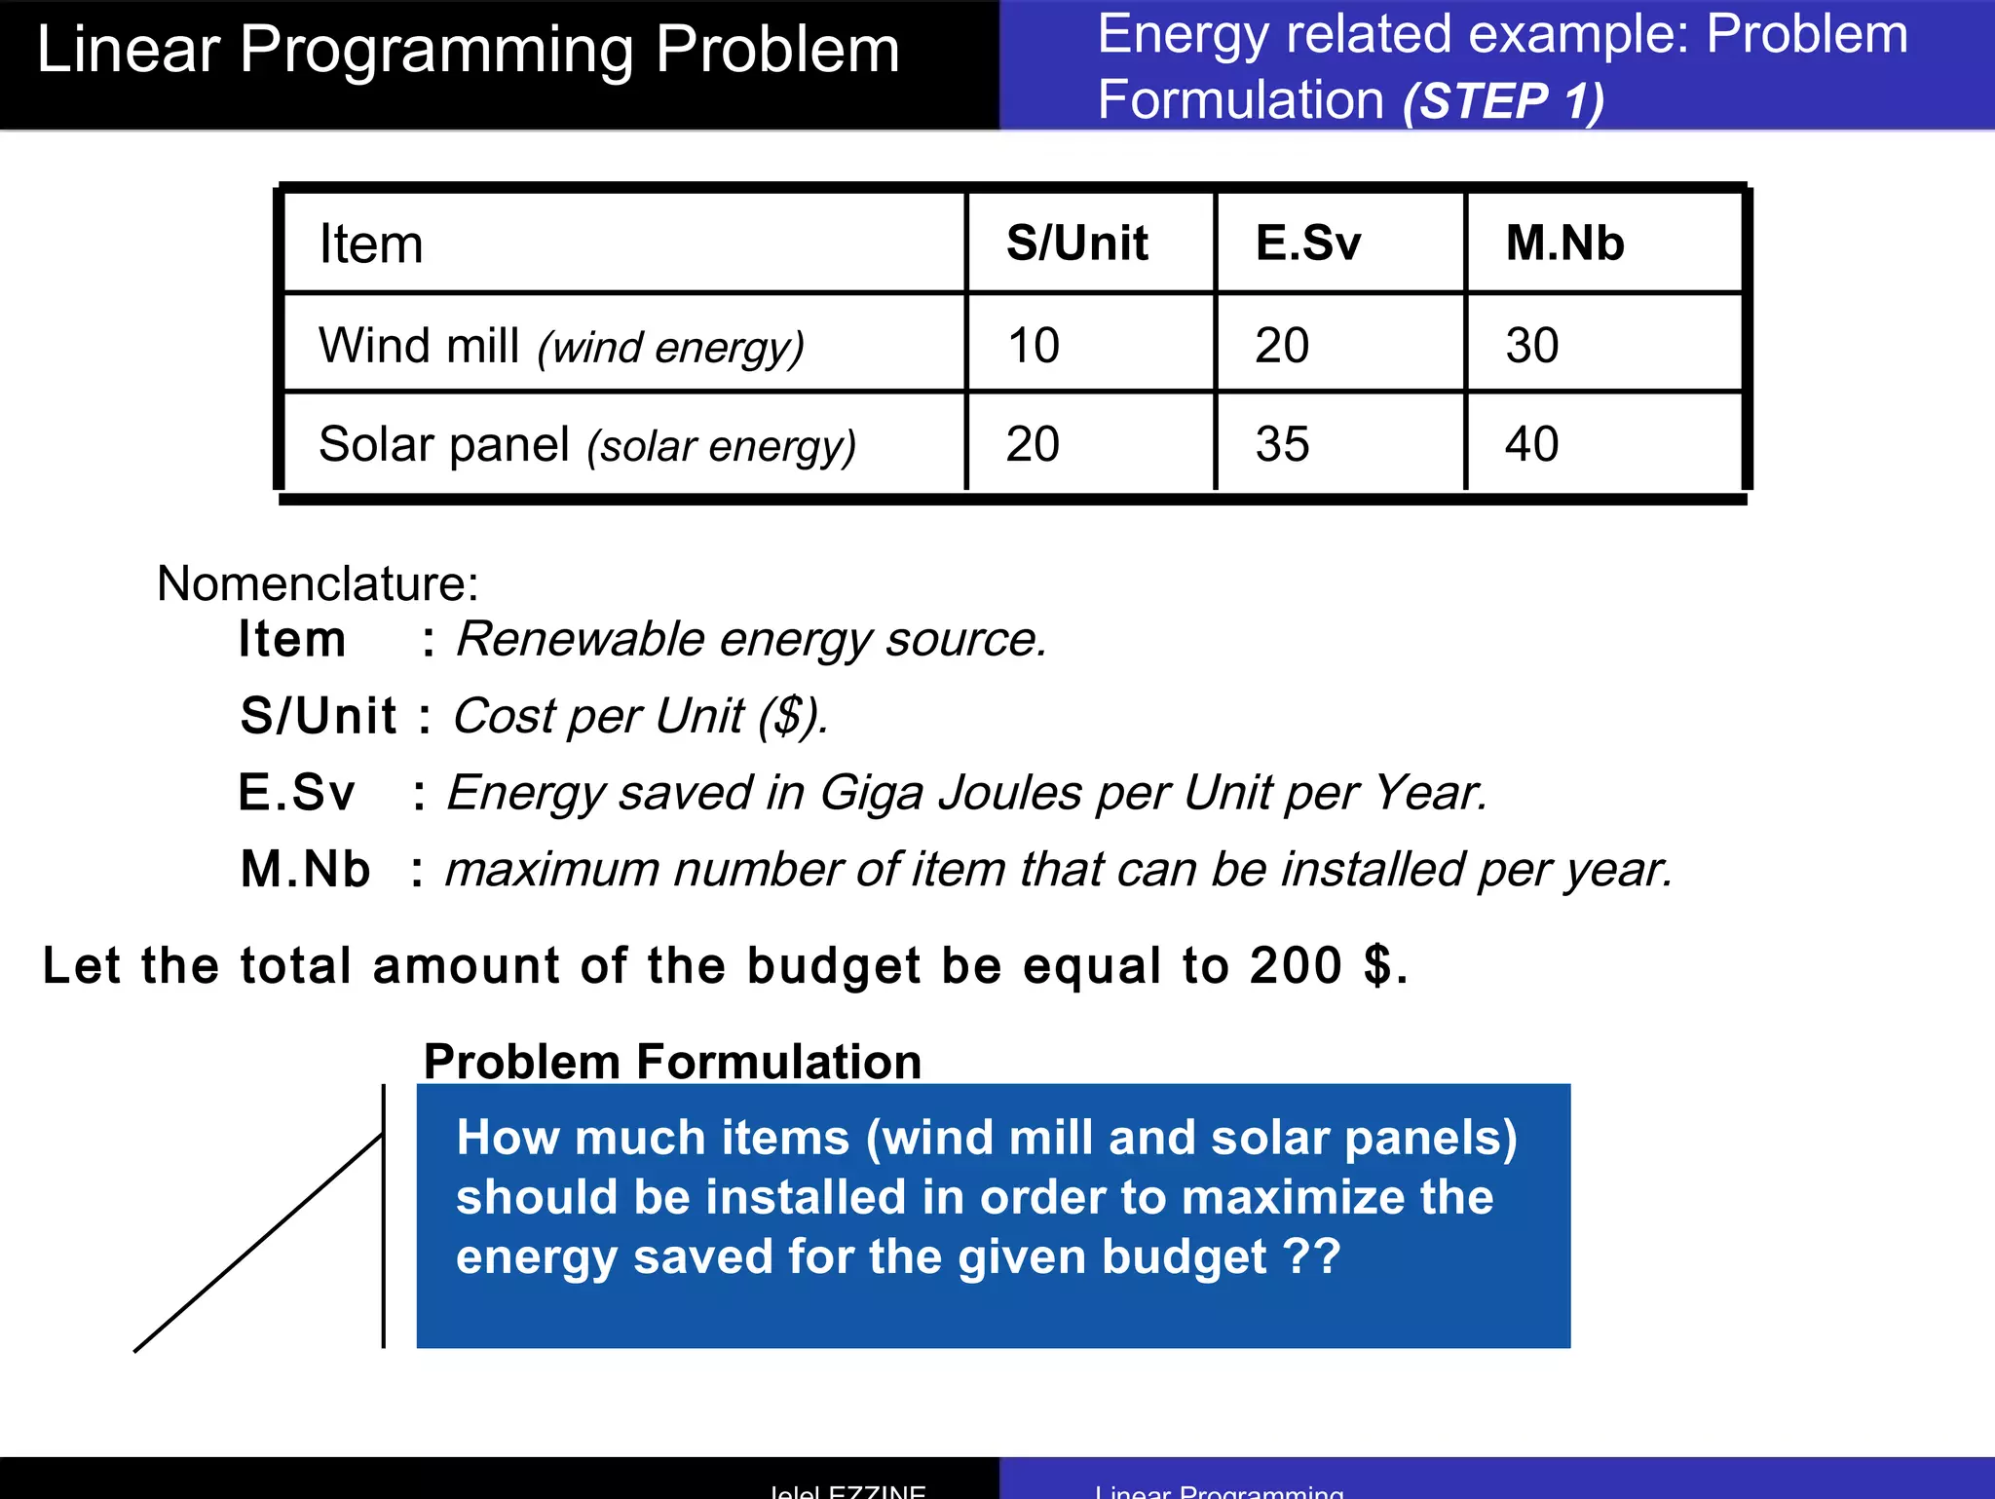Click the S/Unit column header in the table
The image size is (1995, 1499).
pos(1076,243)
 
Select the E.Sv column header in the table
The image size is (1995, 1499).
pos(1307,243)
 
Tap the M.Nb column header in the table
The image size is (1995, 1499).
pos(1564,243)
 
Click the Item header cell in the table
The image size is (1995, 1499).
pos(371,244)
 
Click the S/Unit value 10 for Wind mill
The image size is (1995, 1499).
pos(1033,346)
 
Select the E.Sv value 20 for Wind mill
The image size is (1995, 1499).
pos(1282,346)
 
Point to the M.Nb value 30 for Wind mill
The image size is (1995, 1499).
pos(1531,346)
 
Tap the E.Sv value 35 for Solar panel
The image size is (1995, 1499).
pos(1282,445)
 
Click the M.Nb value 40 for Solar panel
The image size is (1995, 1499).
pos(1531,445)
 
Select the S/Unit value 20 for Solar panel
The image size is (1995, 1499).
pos(1033,445)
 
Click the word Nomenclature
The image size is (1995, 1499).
pos(318,583)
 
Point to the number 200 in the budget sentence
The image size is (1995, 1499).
pos(1297,965)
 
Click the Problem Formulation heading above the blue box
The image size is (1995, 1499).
pos(672,1061)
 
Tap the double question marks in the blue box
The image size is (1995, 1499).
pos(1312,1255)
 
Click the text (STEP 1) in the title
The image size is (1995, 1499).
pos(1503,100)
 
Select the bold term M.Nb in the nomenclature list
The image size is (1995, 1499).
pos(305,869)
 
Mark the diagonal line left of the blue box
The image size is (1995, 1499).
pos(258,1243)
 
